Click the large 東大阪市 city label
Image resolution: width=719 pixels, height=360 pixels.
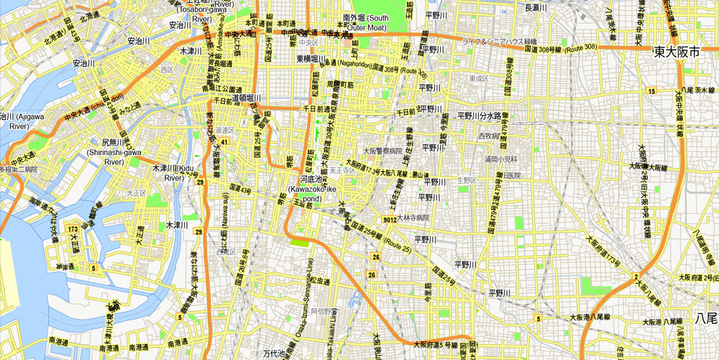682,52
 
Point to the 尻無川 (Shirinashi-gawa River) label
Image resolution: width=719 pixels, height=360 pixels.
114,152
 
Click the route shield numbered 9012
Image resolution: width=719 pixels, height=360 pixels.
390,220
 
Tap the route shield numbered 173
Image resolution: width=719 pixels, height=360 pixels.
72,229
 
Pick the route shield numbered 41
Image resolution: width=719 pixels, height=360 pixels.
225,142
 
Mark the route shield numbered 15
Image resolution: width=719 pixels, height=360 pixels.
651,91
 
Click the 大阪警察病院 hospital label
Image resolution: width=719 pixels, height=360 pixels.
383,152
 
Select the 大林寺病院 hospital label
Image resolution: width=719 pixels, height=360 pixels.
412,218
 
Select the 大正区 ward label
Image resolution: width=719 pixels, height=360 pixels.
137,193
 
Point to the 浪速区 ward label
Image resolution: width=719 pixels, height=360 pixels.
225,129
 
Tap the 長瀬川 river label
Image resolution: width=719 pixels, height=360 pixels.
538,7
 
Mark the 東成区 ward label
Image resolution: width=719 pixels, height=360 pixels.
478,78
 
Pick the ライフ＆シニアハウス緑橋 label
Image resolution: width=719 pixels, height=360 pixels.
500,41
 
